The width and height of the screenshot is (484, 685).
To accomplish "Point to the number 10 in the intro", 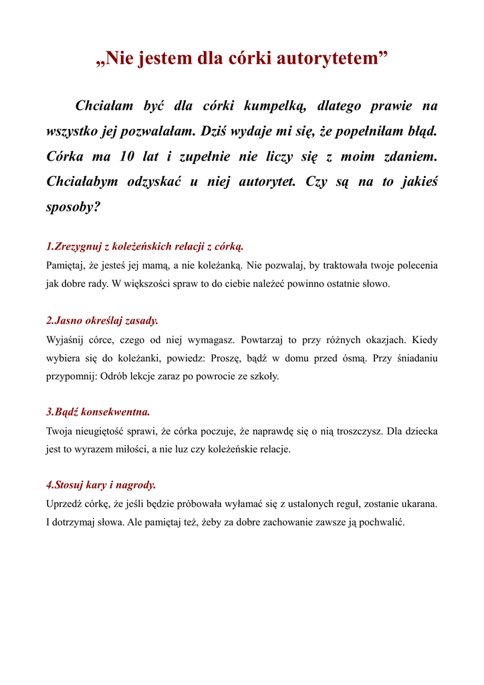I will coord(127,157).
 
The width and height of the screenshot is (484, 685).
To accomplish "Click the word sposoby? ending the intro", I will coord(73,207).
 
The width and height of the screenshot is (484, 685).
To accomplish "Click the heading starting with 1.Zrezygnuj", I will coord(144,246).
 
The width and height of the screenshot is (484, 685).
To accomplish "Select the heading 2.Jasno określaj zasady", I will coord(102,320).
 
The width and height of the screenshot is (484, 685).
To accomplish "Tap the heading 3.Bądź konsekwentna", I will coord(98,411).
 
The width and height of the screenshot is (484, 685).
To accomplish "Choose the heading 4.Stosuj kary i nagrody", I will coord(101,484).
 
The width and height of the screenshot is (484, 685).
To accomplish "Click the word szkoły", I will coord(263,376).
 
